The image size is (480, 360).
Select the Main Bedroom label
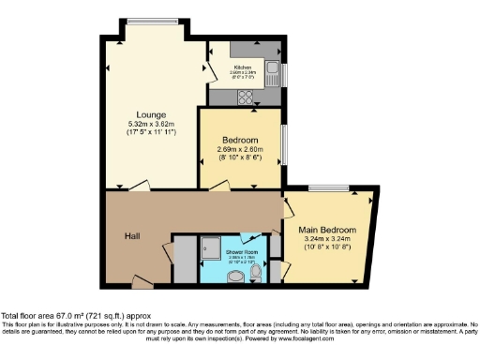[326, 230]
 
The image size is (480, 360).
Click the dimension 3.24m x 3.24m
[326, 239]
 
